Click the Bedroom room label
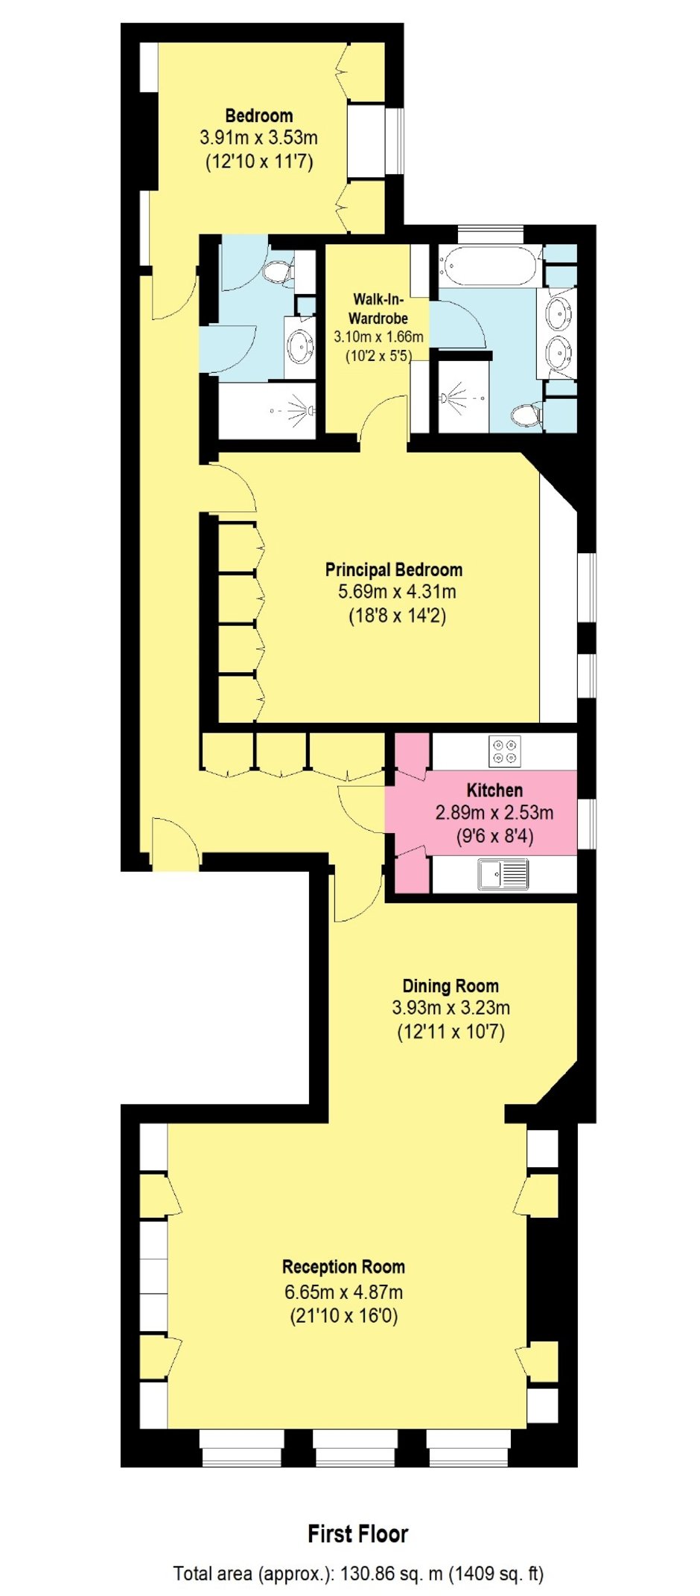click(258, 115)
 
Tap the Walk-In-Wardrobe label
click(379, 308)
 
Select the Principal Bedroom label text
click(394, 569)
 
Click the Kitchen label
click(494, 790)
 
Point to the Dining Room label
click(451, 986)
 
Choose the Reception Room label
click(343, 1266)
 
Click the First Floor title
click(358, 1533)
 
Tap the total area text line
click(358, 1574)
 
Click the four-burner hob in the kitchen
click(505, 750)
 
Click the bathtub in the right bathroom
click(489, 266)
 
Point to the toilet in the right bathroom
click(528, 415)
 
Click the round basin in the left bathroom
click(301, 347)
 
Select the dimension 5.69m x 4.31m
click(397, 593)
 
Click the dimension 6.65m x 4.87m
click(343, 1292)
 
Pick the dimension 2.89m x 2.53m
click(494, 812)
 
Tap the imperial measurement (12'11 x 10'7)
click(451, 1032)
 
